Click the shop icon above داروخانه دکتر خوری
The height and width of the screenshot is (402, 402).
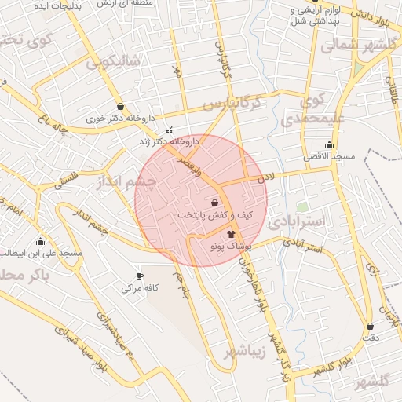click(119, 107)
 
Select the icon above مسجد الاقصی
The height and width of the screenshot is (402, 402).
click(329, 144)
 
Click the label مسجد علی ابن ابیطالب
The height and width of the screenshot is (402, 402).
click(41, 253)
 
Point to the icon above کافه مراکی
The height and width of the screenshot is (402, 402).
click(141, 276)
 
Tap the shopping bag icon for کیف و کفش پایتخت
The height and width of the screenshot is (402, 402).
click(214, 203)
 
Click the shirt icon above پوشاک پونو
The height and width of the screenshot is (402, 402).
click(231, 234)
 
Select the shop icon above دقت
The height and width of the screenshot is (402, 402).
click(369, 326)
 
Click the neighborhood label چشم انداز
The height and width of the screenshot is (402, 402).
click(126, 182)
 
